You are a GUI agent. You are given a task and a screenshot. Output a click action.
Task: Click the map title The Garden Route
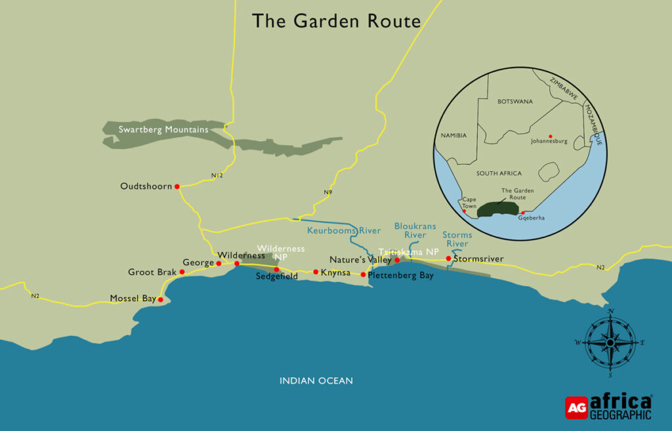pos(336,21)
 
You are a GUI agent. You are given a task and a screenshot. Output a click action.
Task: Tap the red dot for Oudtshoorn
pos(177,186)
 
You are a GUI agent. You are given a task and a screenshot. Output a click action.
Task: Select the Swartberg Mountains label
pos(163,130)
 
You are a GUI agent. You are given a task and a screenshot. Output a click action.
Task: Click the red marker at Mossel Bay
pos(161,299)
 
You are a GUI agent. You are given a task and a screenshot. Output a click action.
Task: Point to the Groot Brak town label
pos(152,272)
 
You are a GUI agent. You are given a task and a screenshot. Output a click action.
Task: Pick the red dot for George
pos(219,264)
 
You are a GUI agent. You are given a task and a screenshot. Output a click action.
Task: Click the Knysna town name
pos(335,272)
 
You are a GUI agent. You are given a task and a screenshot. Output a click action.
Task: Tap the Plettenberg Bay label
pos(401,276)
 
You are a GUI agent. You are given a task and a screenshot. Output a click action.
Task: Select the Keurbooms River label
pos(344,231)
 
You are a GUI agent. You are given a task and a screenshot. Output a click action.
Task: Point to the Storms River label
pos(457,239)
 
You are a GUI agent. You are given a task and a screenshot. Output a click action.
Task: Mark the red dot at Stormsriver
pos(448,258)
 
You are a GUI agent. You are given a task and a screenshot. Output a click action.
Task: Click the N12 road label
pos(218,176)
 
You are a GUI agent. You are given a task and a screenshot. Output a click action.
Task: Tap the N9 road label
pos(327,192)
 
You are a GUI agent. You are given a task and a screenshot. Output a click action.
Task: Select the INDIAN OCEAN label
pos(316,380)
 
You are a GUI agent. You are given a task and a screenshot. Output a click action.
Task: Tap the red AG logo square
pos(576,407)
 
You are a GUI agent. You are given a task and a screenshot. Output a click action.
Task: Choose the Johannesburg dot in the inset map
pos(550,136)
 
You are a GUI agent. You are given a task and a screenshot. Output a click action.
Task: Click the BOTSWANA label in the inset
pos(515,102)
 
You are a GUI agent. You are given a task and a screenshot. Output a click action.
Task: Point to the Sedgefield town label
pos(277,277)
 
